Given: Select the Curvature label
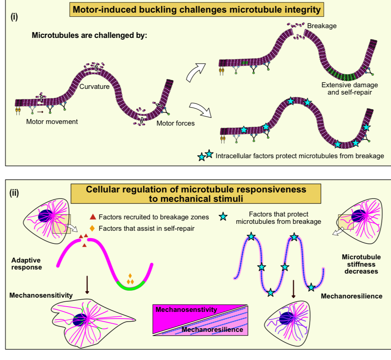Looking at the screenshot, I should coord(94,87).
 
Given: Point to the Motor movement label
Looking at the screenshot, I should coord(52,121).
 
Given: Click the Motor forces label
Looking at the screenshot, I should coord(176,123).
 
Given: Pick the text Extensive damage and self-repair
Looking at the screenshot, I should coord(349,88).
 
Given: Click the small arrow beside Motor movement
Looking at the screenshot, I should coord(40,111).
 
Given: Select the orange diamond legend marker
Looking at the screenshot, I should coord(92,228).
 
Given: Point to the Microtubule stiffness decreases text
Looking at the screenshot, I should coord(361,264).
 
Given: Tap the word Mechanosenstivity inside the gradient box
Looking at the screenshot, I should coord(186,309).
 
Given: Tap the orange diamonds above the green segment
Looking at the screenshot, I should coord(130,280).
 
